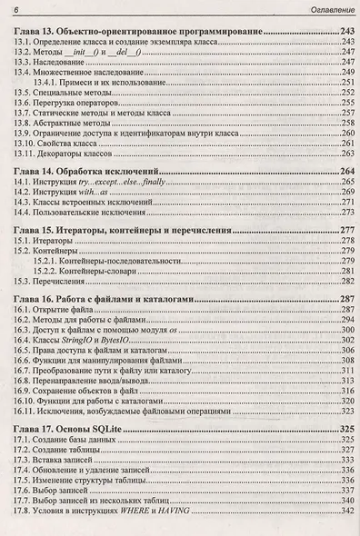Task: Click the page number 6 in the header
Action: coord(15,9)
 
